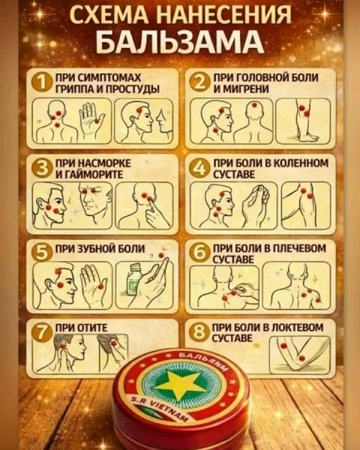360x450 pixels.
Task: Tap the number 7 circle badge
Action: [x=43, y=330]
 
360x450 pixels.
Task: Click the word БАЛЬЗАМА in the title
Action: [x=180, y=38]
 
